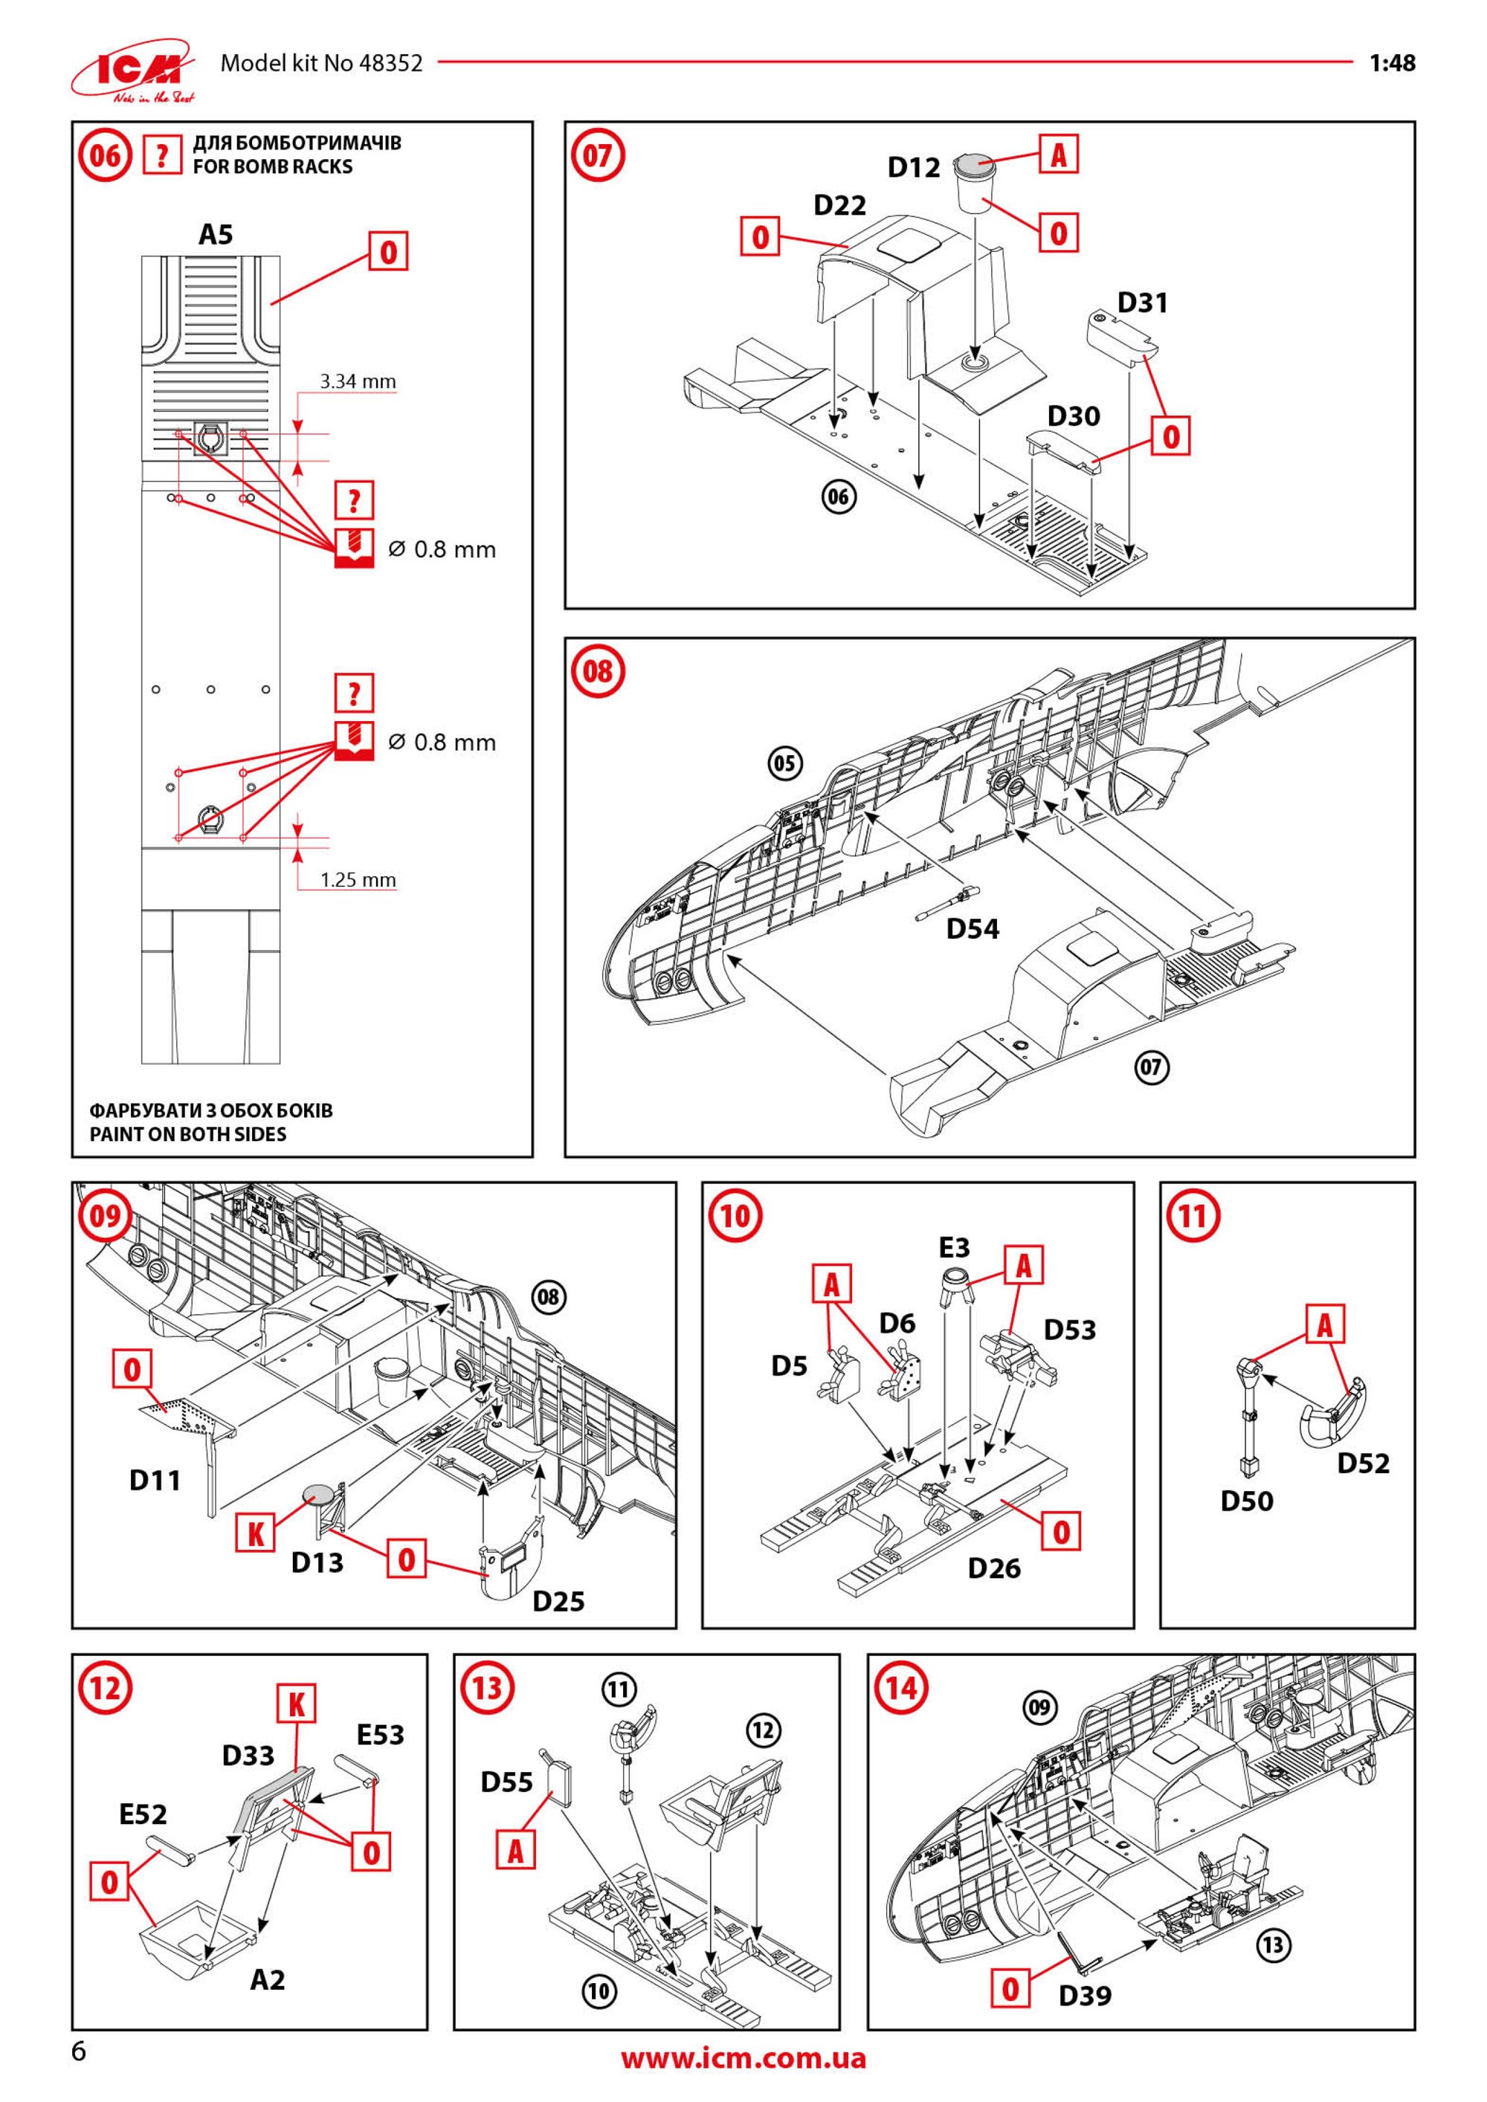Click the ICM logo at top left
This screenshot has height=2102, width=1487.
[x=133, y=70]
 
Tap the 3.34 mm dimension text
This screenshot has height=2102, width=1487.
[x=357, y=381]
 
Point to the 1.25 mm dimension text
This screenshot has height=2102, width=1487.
[x=357, y=880]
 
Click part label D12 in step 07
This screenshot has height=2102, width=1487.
[x=914, y=166]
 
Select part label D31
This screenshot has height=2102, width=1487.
[x=1143, y=302]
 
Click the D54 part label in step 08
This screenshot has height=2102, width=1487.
[x=972, y=928]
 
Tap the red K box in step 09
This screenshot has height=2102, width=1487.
[x=257, y=1553]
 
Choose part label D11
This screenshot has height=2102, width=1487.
[x=155, y=1481]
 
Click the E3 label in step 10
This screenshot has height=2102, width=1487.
[x=954, y=1248]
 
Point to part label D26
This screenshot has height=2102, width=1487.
[x=994, y=1568]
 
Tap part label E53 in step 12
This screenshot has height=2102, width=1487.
[x=380, y=1735]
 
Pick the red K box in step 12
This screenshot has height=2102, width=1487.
[x=297, y=1704]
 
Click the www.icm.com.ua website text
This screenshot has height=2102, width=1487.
[x=743, y=2059]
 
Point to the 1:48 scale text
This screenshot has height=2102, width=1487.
[x=1392, y=63]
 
